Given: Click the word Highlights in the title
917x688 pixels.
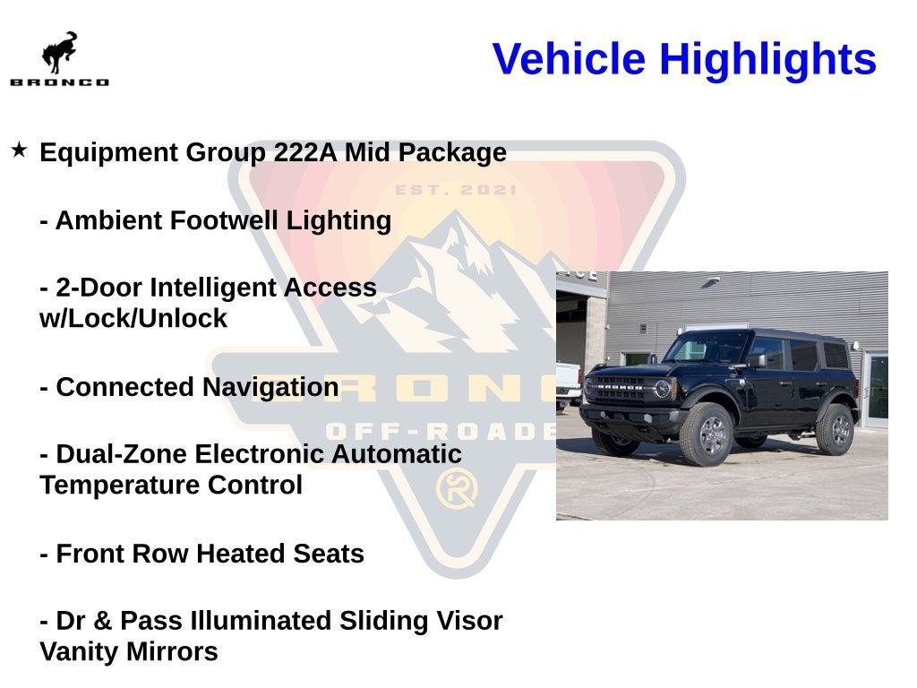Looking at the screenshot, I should click(767, 59).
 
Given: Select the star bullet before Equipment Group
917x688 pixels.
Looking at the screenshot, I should click(19, 150).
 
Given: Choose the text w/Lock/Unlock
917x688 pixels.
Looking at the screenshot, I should click(133, 319).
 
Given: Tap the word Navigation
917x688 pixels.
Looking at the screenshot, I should click(270, 387).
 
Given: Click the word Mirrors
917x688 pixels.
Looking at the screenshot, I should click(170, 651).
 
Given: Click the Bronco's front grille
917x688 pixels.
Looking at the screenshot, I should click(620, 389).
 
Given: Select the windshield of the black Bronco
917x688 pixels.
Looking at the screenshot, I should click(707, 347).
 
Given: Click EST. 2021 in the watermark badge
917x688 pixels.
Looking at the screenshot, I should click(456, 190).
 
